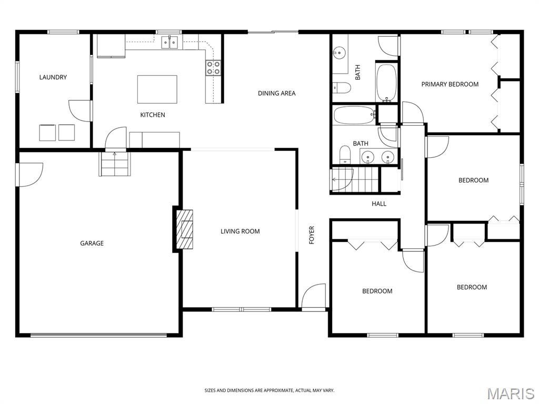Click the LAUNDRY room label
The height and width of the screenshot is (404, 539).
[53, 77]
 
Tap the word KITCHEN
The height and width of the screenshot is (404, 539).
[153, 115]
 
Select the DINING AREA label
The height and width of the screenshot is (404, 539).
[277, 93]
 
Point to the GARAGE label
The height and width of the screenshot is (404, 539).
[92, 243]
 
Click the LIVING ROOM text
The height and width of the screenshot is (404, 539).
[240, 231]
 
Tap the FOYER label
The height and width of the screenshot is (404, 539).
[312, 235]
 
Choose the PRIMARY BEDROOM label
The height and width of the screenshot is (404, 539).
[450, 84]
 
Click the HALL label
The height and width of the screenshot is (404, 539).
[379, 204]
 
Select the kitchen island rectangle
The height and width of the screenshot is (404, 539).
[157, 89]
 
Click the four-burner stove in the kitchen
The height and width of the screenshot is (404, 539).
[213, 67]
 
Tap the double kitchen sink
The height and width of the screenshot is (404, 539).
[170, 42]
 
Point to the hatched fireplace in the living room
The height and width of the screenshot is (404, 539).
[185, 229]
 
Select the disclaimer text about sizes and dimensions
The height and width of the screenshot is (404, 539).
[269, 390]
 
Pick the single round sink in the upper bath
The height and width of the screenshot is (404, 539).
[339, 53]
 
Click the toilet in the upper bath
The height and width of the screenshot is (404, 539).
[341, 87]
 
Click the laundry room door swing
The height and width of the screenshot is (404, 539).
[80, 110]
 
